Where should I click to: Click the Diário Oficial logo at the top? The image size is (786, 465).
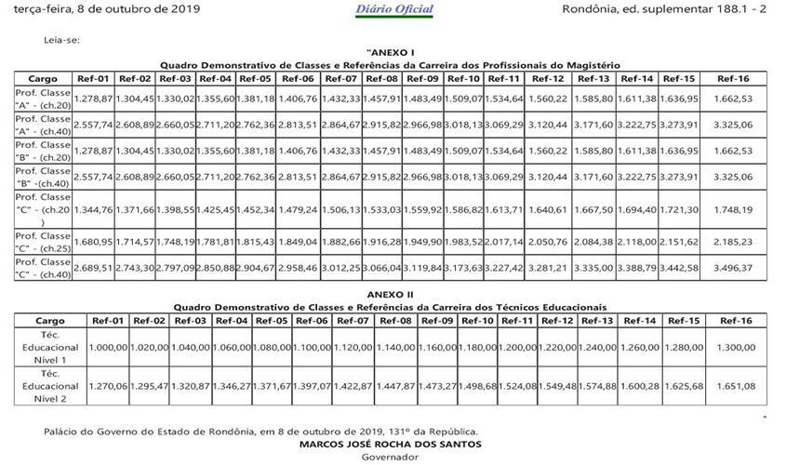tap(393, 10)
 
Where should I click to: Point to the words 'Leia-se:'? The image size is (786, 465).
tap(61, 40)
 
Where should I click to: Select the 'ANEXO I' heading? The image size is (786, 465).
tap(391, 53)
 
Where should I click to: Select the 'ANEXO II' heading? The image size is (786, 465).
tap(391, 294)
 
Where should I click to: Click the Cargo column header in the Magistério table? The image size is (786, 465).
tap(43, 79)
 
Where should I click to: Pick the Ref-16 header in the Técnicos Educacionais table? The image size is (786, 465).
tap(734, 321)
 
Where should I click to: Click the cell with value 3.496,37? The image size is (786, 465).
tap(734, 268)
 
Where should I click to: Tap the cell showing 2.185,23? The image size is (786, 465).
tap(734, 242)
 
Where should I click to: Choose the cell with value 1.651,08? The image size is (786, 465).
tap(734, 385)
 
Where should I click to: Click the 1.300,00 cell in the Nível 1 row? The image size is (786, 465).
tap(734, 347)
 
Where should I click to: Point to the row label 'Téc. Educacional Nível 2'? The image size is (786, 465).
tap(49, 384)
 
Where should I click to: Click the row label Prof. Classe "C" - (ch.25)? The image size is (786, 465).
tap(43, 242)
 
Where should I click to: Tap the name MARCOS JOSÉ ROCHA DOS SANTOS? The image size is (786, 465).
tap(391, 445)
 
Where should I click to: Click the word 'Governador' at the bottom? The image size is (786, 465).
tap(391, 458)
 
